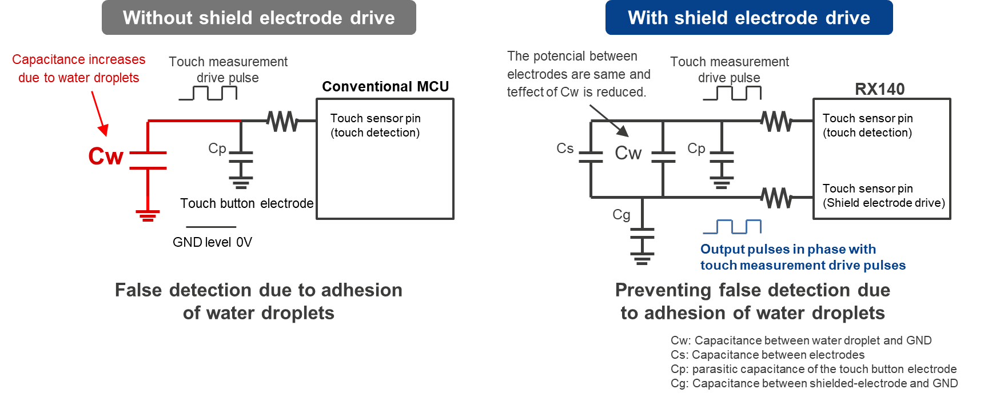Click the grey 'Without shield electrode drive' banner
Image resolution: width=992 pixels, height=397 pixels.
(258, 18)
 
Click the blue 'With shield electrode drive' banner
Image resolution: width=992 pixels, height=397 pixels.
(748, 18)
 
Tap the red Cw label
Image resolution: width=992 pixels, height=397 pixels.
(106, 157)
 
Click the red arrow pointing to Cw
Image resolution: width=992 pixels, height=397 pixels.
(99, 114)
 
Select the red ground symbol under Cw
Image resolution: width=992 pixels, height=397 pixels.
(148, 215)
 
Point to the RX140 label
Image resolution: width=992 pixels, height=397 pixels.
(879, 89)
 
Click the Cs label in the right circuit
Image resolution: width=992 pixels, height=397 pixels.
(565, 149)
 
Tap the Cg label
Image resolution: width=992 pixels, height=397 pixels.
(621, 215)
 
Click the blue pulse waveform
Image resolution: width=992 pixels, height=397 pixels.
(732, 227)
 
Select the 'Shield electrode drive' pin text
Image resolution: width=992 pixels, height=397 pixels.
(883, 203)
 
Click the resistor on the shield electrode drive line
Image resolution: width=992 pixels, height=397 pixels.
(776, 198)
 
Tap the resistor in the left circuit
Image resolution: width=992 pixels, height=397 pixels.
(282, 121)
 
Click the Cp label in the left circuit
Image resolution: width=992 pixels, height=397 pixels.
(217, 149)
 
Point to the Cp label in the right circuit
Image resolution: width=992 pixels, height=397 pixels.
(696, 149)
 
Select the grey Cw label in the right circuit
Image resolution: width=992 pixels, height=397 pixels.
(628, 153)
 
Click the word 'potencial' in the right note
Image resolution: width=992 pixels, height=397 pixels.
(556, 56)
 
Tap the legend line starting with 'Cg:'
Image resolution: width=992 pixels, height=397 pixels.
(814, 383)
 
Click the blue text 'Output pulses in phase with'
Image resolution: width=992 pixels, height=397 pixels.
(788, 249)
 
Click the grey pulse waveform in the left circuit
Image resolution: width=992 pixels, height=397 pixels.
(208, 93)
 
